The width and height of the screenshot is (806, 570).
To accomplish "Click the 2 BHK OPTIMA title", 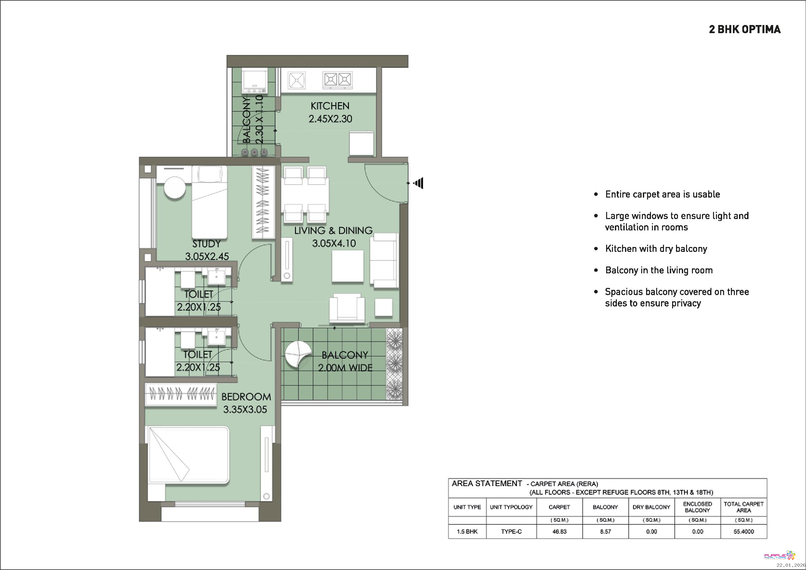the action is (x=745, y=29).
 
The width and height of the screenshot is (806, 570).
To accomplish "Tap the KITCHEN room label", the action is (x=330, y=106).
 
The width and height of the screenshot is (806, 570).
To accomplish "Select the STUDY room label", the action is (x=206, y=244).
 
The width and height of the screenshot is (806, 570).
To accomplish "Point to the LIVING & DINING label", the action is (x=333, y=231).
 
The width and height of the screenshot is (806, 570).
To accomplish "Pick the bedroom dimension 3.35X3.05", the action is (x=245, y=409).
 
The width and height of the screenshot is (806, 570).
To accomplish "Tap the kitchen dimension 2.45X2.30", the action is (x=330, y=119).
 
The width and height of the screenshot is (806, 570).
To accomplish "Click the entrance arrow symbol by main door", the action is (x=418, y=183).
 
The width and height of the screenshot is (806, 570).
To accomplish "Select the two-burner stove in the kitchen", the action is (x=338, y=80).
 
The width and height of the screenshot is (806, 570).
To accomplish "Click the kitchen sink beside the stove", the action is (x=297, y=80).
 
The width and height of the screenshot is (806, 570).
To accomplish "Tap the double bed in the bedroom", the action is (x=189, y=455).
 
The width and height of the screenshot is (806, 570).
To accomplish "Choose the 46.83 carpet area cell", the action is (x=559, y=531).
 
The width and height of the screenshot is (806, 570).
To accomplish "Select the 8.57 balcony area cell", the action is (x=605, y=531).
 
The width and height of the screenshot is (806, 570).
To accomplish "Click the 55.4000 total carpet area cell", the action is (x=744, y=531).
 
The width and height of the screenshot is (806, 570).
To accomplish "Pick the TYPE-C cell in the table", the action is (x=511, y=531).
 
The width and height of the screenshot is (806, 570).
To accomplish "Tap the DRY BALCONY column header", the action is (x=651, y=507).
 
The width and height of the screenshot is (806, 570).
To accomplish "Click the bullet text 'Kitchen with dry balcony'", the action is (x=656, y=249).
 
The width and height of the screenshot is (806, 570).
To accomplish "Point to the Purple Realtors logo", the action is (x=779, y=555).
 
